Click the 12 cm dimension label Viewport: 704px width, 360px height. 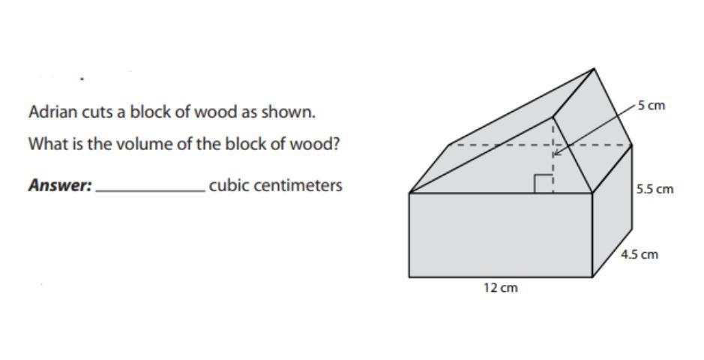[x=500, y=288]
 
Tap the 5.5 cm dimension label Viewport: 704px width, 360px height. [x=655, y=190]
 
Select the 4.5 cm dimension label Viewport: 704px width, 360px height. [x=640, y=254]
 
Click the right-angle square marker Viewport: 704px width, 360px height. [x=544, y=184]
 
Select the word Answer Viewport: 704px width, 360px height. [x=59, y=185]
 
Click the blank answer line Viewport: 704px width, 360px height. [x=150, y=190]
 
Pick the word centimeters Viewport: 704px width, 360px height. [x=298, y=185]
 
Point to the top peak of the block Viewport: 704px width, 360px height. [x=594, y=69]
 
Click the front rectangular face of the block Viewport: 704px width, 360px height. [x=500, y=235]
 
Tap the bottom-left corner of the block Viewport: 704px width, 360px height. [x=409, y=277]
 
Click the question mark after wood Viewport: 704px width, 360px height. [x=336, y=144]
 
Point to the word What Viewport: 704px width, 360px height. [x=45, y=144]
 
